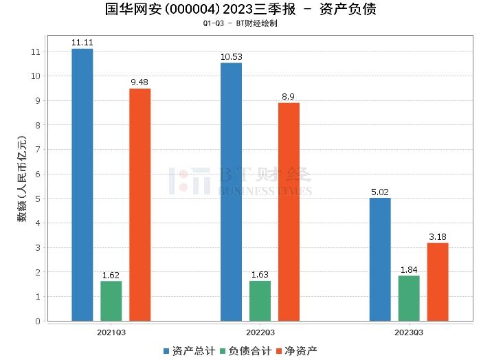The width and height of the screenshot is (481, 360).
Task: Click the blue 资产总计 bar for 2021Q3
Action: (x=82, y=185)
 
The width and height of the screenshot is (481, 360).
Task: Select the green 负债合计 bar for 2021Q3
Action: (x=111, y=301)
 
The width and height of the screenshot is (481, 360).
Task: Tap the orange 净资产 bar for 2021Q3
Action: (x=139, y=205)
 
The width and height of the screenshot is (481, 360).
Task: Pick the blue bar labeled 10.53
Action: (x=231, y=192)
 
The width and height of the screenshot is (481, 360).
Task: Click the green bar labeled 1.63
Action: (x=260, y=301)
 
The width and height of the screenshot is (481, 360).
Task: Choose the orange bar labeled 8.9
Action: (x=289, y=212)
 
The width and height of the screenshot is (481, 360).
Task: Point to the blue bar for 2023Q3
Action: (x=380, y=259)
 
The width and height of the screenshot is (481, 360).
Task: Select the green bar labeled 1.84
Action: (x=409, y=298)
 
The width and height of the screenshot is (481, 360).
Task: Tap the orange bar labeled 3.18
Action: (x=438, y=282)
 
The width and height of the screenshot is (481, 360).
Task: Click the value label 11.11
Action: (x=82, y=43)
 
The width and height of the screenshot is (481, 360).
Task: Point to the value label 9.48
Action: (x=140, y=83)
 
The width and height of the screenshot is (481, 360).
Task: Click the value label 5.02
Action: (x=380, y=192)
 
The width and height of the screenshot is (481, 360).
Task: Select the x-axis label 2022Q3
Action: (x=260, y=331)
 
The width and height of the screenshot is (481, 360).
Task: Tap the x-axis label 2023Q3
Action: (x=409, y=331)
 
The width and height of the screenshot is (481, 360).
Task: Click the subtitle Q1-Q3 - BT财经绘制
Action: (x=240, y=23)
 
